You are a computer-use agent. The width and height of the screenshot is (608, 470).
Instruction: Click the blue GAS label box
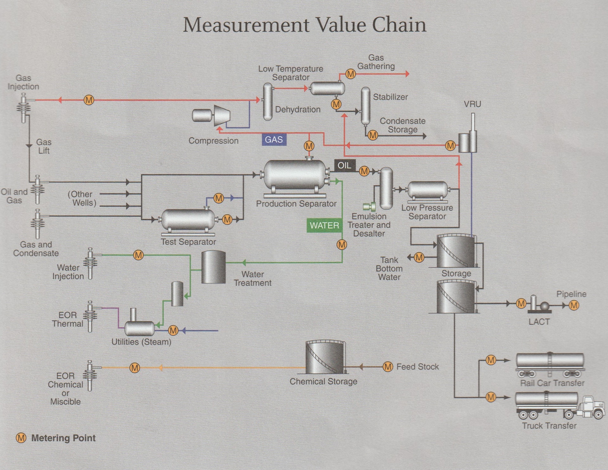274,140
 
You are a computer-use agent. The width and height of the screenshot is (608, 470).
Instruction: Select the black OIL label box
345,165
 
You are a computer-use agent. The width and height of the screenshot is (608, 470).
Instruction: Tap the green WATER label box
324,225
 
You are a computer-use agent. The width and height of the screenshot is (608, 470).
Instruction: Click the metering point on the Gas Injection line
89,100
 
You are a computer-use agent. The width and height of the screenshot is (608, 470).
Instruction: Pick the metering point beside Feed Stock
388,367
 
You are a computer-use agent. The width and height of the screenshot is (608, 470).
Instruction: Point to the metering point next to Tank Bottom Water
419,257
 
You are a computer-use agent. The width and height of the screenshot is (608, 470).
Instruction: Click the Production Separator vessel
294,175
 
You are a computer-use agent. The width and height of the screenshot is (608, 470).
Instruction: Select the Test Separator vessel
188,219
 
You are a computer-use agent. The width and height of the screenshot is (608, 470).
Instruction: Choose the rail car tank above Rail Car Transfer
550,361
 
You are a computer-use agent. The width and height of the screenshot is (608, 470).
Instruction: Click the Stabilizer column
365,106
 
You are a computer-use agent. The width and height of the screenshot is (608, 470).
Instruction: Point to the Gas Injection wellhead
23,108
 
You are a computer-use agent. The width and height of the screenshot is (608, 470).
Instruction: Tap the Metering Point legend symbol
21,438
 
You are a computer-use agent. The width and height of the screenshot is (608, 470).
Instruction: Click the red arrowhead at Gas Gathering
407,74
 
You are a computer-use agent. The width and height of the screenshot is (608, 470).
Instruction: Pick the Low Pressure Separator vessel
427,190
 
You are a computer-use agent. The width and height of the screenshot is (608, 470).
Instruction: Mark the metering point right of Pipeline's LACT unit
574,305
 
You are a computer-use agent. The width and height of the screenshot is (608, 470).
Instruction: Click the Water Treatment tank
213,267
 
